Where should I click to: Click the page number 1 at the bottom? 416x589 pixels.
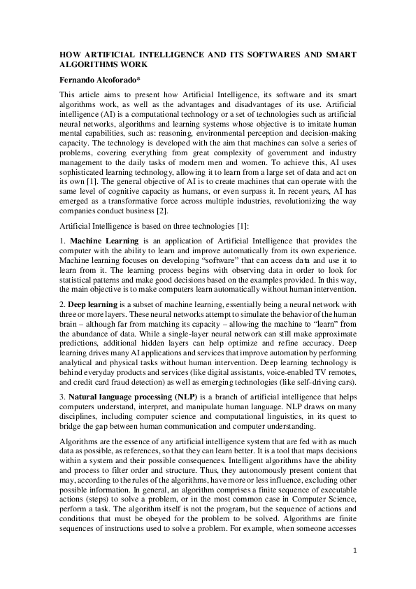354,551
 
